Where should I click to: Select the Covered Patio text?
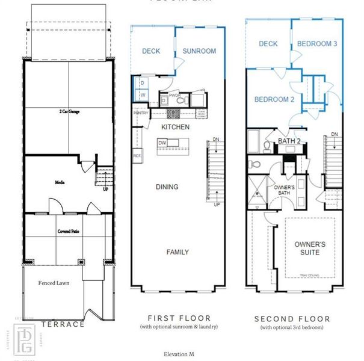[x=70, y=231]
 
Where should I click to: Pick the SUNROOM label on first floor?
[x=199, y=51]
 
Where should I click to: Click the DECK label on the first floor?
[x=151, y=51]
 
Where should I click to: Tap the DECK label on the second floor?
[x=268, y=43]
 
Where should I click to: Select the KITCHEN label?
[x=175, y=127]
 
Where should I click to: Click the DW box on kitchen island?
[x=162, y=143]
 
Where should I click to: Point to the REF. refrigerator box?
[x=137, y=155]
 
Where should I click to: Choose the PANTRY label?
[x=141, y=113]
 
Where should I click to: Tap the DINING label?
[x=167, y=187]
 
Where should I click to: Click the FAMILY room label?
[x=177, y=252]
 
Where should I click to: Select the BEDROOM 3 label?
[x=317, y=43]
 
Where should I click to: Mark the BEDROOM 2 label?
[x=274, y=99]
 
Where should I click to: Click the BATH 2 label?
[x=288, y=141]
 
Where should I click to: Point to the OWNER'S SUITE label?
[x=310, y=248]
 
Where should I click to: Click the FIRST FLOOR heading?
[x=179, y=318]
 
